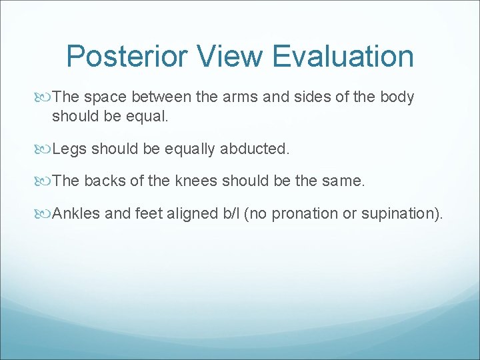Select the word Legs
[69, 149]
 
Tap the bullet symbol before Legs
[45, 149]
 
